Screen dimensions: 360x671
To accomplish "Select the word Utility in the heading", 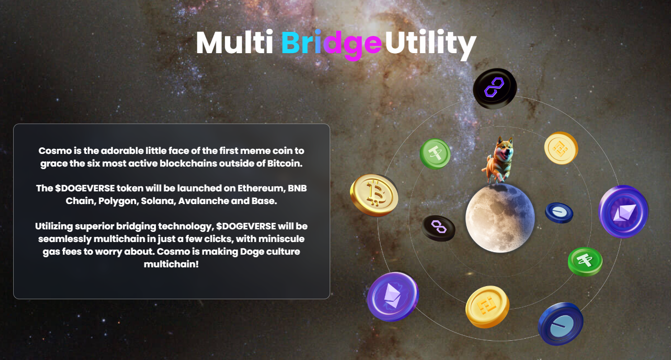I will pyautogui.click(x=430, y=44).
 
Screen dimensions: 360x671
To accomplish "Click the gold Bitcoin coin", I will pyautogui.click(x=374, y=194).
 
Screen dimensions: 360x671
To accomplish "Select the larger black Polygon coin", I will pyautogui.click(x=494, y=89).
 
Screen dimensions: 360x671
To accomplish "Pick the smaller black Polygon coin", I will pyautogui.click(x=439, y=228).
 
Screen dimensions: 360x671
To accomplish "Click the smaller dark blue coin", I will pyautogui.click(x=559, y=213).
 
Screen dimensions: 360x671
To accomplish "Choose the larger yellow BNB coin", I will pyautogui.click(x=487, y=306).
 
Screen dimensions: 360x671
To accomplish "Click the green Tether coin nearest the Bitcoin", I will pyautogui.click(x=436, y=153).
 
